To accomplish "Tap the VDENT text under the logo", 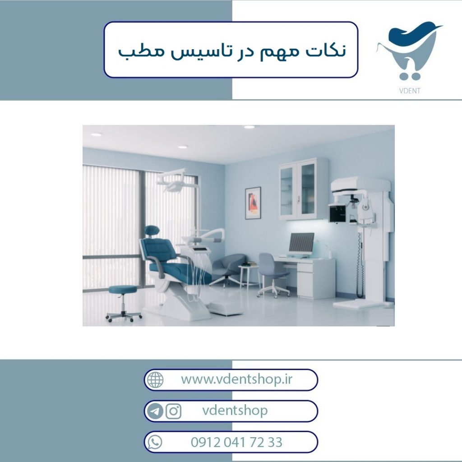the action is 410,91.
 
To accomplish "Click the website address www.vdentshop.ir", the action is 236,379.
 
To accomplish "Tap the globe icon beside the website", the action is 155,380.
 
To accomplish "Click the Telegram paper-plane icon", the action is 155,411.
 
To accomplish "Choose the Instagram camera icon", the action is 173,411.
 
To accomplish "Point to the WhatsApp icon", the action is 155,442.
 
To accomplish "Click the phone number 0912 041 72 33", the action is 236,442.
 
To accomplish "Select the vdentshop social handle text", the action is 235,411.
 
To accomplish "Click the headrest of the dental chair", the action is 152,231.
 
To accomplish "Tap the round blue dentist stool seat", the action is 123,289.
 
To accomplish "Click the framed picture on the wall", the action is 253,203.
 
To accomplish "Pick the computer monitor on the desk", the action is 301,243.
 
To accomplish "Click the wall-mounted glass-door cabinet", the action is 303,189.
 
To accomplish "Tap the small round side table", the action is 249,276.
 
